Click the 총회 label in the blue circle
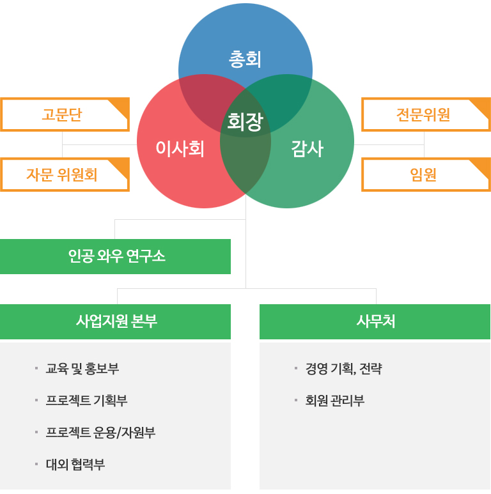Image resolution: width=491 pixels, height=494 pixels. [x=245, y=59]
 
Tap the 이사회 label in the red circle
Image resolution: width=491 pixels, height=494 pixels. [x=180, y=148]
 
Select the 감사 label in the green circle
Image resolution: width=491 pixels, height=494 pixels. [x=308, y=148]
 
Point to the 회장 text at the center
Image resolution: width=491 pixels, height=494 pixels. [x=245, y=121]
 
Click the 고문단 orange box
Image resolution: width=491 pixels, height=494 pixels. [x=65, y=114]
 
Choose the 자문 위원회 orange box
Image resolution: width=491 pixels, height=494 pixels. [x=65, y=174]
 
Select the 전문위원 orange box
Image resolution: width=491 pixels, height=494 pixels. [x=426, y=114]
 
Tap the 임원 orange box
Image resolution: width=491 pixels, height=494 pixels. [x=426, y=174]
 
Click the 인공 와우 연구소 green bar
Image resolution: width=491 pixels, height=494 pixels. [x=115, y=256]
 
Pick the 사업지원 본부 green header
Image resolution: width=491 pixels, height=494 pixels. [x=115, y=321]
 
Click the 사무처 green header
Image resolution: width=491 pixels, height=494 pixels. [x=375, y=321]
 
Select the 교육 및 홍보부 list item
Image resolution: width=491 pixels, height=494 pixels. [x=82, y=368]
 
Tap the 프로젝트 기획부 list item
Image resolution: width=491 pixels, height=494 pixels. [x=87, y=401]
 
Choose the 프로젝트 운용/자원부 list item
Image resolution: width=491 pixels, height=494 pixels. [x=100, y=433]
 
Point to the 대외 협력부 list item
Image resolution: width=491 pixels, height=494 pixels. [x=75, y=465]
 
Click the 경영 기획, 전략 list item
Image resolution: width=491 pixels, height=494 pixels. [x=344, y=368]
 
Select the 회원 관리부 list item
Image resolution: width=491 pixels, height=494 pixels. [x=335, y=401]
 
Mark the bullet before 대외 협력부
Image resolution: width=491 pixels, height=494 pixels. [x=36, y=464]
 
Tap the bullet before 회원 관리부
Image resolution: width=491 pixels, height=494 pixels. [x=296, y=400]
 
